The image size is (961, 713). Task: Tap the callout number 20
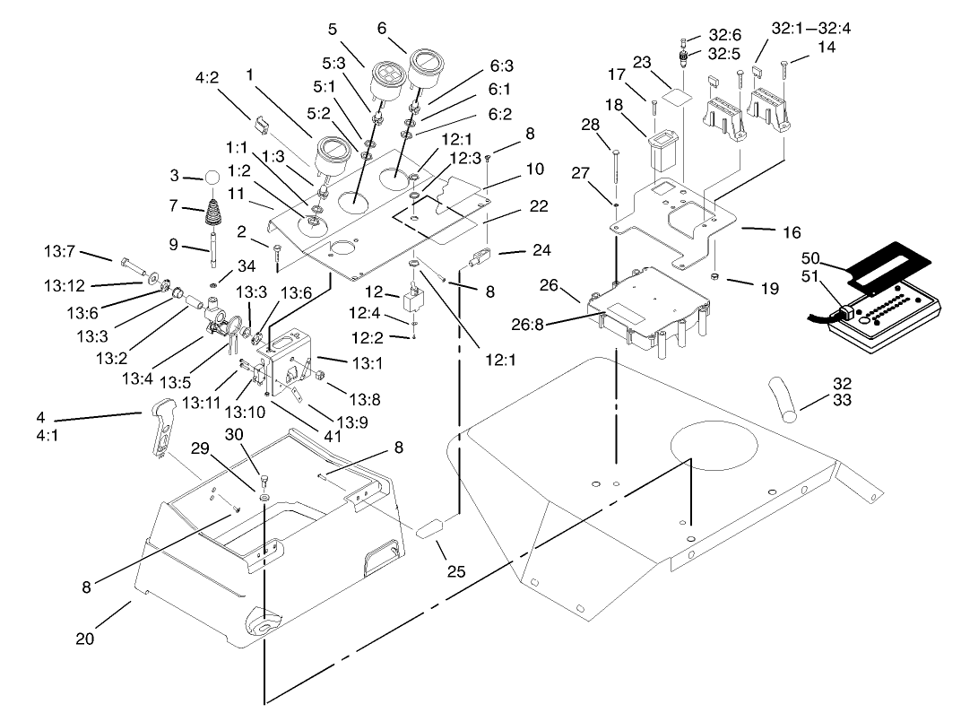(x=84, y=639)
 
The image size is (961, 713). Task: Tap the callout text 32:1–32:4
(x=811, y=28)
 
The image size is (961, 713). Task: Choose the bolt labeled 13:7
(x=133, y=265)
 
